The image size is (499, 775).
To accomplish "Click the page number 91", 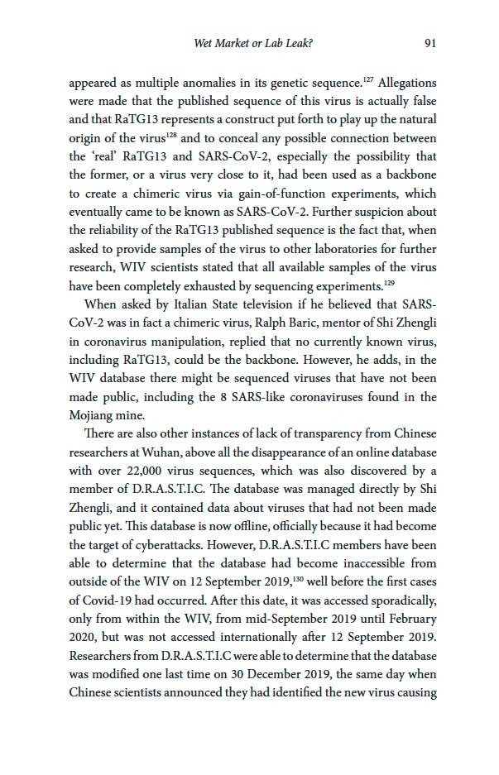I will (429, 43).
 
